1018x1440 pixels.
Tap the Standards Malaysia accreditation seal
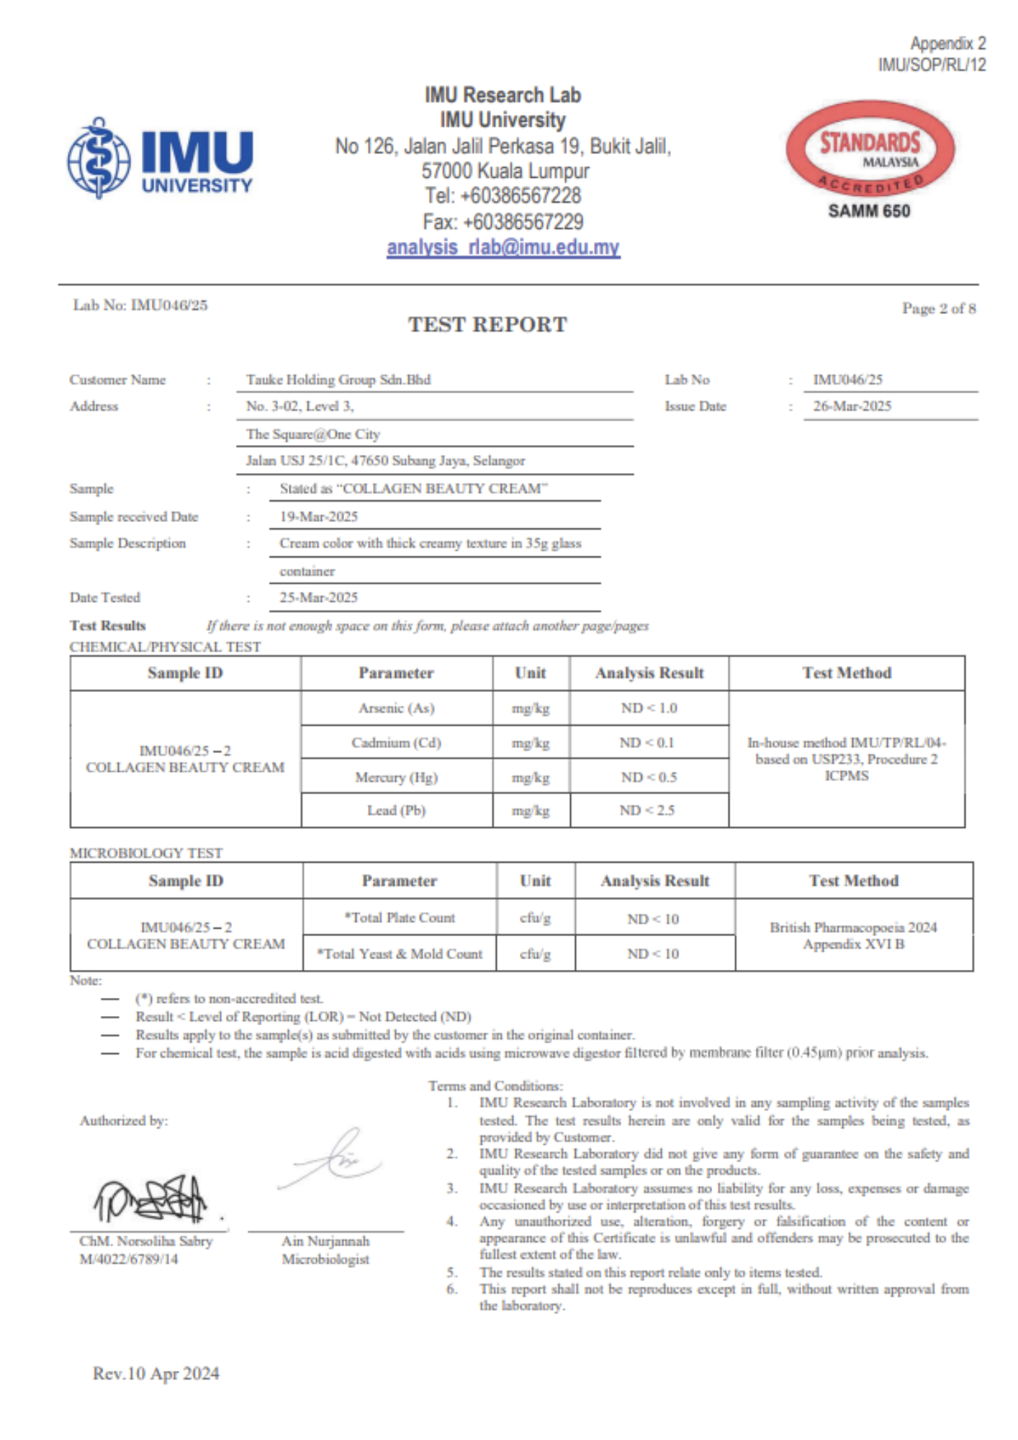870,150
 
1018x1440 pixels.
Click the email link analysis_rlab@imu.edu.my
503,248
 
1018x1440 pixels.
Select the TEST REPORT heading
487,325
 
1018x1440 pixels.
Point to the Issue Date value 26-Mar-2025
852,406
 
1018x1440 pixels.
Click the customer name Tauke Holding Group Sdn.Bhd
338,379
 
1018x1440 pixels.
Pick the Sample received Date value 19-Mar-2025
318,516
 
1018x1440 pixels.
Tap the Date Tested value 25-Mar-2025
318,598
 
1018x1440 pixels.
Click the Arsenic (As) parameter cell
397,708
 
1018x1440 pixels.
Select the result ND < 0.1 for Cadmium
647,743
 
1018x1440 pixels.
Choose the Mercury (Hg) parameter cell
397,778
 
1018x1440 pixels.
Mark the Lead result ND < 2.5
647,811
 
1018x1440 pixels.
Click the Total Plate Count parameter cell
400,918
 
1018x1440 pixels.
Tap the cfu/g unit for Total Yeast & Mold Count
535,954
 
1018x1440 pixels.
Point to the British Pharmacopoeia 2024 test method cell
853,935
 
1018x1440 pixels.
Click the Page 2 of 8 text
939,309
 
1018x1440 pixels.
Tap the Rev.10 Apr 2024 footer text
156,1374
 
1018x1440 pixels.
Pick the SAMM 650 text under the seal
869,211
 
